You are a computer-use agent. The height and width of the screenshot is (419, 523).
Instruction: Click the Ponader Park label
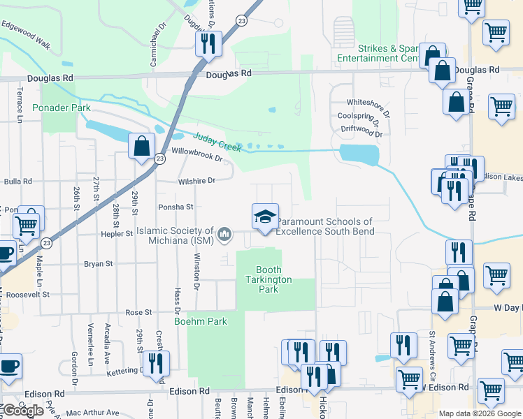(62, 108)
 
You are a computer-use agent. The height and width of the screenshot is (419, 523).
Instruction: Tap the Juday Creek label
(217, 142)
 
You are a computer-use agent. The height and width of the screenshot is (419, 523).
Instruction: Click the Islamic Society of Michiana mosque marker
(224, 235)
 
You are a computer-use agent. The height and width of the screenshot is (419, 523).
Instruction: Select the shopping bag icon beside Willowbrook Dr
(141, 146)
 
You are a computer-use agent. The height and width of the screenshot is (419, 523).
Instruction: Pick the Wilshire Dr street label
(196, 180)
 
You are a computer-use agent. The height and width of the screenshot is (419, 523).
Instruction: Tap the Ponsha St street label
(175, 207)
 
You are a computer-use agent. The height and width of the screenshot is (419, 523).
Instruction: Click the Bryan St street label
(99, 264)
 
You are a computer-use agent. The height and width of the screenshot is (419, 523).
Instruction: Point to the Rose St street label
(138, 312)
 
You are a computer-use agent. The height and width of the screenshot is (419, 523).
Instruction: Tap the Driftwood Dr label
(362, 130)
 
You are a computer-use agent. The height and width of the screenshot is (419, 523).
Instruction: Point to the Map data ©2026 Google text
(480, 413)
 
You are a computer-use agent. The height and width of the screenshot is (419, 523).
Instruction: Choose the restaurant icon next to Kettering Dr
(155, 364)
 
